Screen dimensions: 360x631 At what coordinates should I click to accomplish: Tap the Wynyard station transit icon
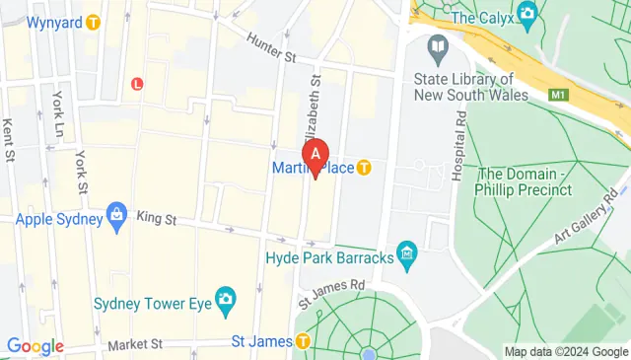click(x=94, y=21)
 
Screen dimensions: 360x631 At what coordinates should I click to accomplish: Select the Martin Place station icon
click(x=364, y=168)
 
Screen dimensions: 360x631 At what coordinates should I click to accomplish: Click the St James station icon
click(x=302, y=341)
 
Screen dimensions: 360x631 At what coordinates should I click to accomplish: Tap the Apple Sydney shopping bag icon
click(x=117, y=214)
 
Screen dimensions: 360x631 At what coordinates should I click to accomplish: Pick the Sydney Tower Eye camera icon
click(x=226, y=298)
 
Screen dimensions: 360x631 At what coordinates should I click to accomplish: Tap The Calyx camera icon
click(x=526, y=14)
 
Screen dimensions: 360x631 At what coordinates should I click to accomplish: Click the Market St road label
click(x=135, y=344)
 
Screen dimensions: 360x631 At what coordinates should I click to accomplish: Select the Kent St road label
click(x=9, y=140)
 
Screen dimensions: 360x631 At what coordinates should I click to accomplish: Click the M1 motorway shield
click(x=559, y=94)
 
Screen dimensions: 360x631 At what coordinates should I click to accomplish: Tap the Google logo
click(x=35, y=346)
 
